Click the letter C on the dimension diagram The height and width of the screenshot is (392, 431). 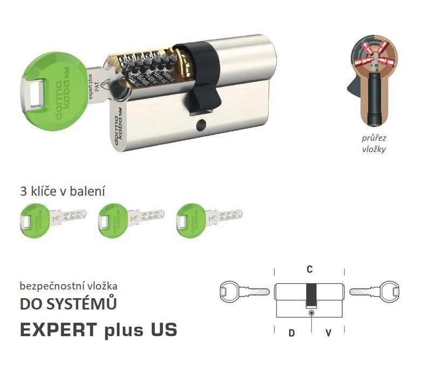(310, 269)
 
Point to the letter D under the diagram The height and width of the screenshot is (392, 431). (291, 333)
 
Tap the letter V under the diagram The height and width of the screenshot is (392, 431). (328, 333)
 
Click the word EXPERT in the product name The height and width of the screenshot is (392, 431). (59, 329)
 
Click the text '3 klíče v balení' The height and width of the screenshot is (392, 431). (62, 191)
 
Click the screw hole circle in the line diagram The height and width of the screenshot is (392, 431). (311, 313)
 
